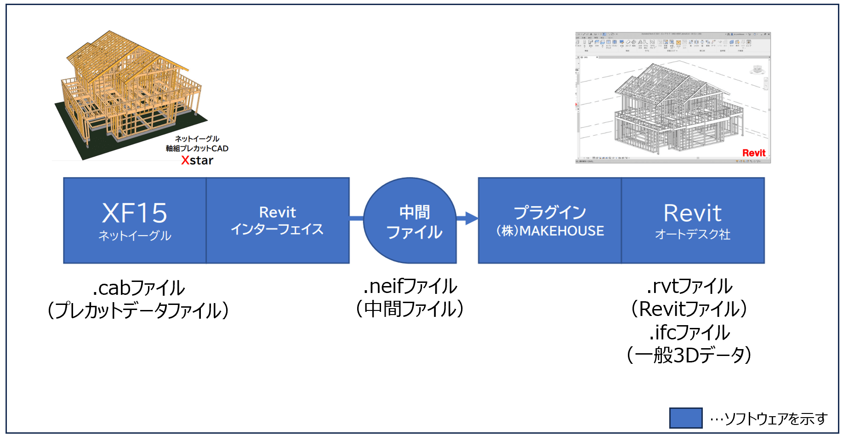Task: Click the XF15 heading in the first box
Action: [135, 213]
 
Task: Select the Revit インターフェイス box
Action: [277, 221]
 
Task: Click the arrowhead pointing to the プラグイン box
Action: [471, 218]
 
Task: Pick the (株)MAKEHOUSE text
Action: [550, 231]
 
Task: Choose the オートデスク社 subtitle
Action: [692, 235]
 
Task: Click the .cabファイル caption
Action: [138, 288]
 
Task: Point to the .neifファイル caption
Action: [410, 287]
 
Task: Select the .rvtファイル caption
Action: [689, 287]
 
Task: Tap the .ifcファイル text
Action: [689, 333]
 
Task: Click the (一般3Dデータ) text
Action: [689, 355]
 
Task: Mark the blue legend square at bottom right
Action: [685, 418]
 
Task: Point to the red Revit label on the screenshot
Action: [754, 153]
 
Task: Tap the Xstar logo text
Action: [197, 161]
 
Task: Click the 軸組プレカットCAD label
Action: [197, 149]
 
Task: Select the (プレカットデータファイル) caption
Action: [138, 310]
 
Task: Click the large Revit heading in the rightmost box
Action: [692, 213]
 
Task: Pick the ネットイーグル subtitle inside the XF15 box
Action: [135, 236]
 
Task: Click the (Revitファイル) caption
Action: [689, 309]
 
